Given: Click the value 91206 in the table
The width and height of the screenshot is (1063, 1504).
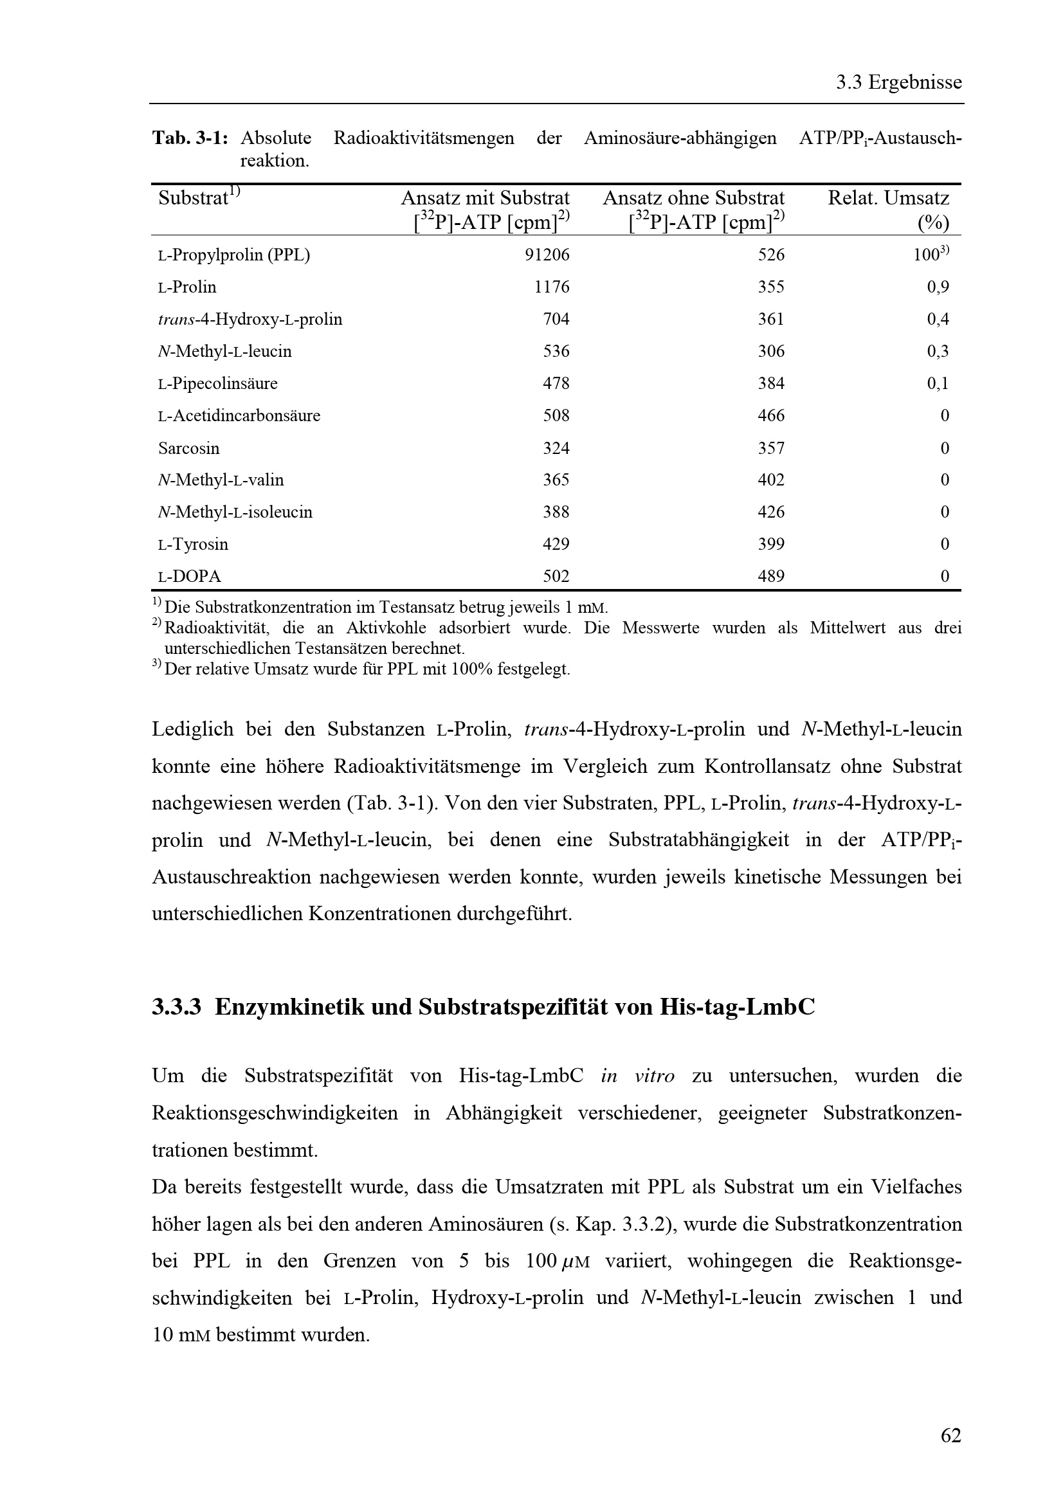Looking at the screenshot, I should pyautogui.click(x=547, y=255).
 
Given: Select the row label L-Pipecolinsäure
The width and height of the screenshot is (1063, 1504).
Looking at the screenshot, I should pyautogui.click(x=217, y=383).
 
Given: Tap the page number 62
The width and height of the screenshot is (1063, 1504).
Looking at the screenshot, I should pyautogui.click(x=950, y=1436).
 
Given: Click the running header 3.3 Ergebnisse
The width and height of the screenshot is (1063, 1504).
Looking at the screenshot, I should pyautogui.click(x=898, y=82).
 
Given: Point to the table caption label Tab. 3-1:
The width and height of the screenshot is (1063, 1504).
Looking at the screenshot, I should pyautogui.click(x=190, y=138).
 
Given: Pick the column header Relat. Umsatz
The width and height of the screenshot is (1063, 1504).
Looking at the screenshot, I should pyautogui.click(x=887, y=198).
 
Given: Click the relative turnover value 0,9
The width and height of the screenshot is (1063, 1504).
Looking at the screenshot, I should pyautogui.click(x=938, y=287).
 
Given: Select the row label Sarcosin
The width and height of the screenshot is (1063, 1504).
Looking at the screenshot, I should pyautogui.click(x=188, y=448).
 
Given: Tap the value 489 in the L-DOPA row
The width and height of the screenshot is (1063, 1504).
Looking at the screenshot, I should pyautogui.click(x=771, y=576).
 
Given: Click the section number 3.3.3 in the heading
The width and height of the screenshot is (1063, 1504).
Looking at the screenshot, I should pyautogui.click(x=176, y=1007).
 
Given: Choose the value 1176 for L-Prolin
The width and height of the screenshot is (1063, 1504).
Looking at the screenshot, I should pyautogui.click(x=552, y=287).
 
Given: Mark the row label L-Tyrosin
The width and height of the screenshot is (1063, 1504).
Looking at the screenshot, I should pyautogui.click(x=193, y=545).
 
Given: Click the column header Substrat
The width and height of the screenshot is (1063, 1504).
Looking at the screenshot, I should pyautogui.click(x=193, y=198).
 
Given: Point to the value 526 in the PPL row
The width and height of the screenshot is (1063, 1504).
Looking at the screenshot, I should pyautogui.click(x=771, y=255).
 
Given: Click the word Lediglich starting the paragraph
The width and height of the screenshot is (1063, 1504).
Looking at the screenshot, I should pyautogui.click(x=192, y=729).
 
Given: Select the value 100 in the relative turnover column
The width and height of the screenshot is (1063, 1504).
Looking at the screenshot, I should pyautogui.click(x=926, y=255).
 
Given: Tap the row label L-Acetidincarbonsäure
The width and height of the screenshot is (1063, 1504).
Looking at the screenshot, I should pyautogui.click(x=239, y=416).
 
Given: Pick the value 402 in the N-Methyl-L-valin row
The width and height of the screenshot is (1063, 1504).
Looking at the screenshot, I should pyautogui.click(x=771, y=480).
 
